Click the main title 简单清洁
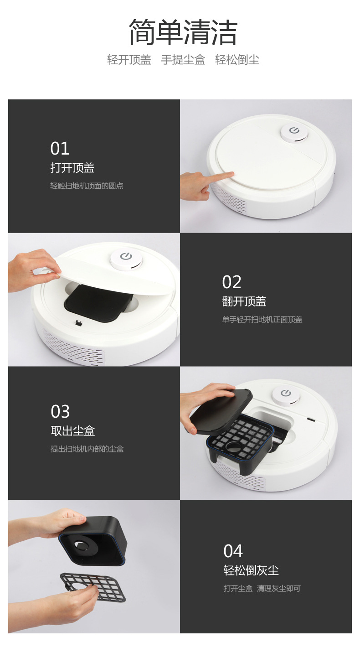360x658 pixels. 183,33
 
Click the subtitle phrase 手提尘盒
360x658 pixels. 183,60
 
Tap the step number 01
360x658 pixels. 60,149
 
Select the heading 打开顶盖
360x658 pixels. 72,168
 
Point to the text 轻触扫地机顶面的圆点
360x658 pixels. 87,186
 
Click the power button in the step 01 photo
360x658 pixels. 294,131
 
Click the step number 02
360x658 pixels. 231,282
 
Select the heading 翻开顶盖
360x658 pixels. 244,301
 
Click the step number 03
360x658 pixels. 60,412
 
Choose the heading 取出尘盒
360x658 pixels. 72,431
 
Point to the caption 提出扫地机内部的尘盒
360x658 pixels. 87,449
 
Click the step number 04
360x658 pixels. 233,551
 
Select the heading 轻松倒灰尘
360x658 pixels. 251,570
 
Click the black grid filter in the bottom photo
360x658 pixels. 93,587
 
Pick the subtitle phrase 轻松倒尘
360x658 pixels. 237,60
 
